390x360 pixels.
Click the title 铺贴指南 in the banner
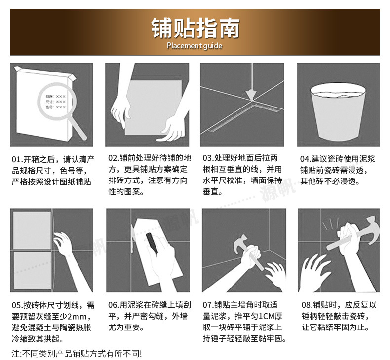195,28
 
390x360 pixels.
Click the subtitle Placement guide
195,46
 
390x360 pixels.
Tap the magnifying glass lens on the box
55,102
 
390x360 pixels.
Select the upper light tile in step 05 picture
32,230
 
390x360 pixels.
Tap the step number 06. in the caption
114,305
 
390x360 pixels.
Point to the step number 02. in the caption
114,159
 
